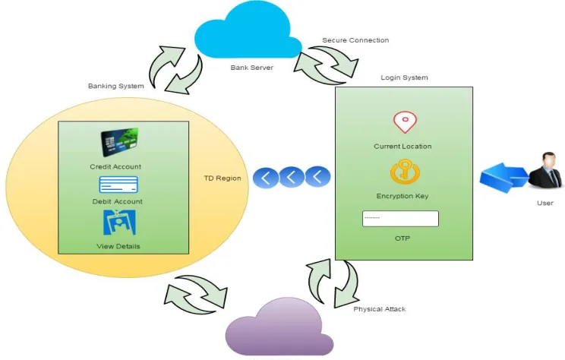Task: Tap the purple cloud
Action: tap(278, 330)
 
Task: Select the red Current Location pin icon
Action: tap(405, 122)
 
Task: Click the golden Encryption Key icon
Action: tap(405, 172)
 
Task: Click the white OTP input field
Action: tap(400, 219)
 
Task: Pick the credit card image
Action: tap(120, 142)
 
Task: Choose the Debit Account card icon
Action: tap(118, 185)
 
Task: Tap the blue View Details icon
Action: tap(119, 223)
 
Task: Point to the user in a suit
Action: tap(546, 170)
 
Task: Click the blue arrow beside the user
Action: tap(503, 177)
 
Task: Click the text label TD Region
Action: tap(223, 178)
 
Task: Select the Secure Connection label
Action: tap(355, 40)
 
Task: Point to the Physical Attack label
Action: tap(380, 309)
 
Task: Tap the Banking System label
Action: tap(115, 86)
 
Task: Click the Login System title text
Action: tap(404, 77)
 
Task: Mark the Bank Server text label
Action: tap(252, 68)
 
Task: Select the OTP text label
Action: tap(402, 238)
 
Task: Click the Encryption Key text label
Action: tap(402, 197)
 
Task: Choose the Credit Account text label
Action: tap(115, 167)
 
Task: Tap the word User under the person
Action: tap(544, 204)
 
